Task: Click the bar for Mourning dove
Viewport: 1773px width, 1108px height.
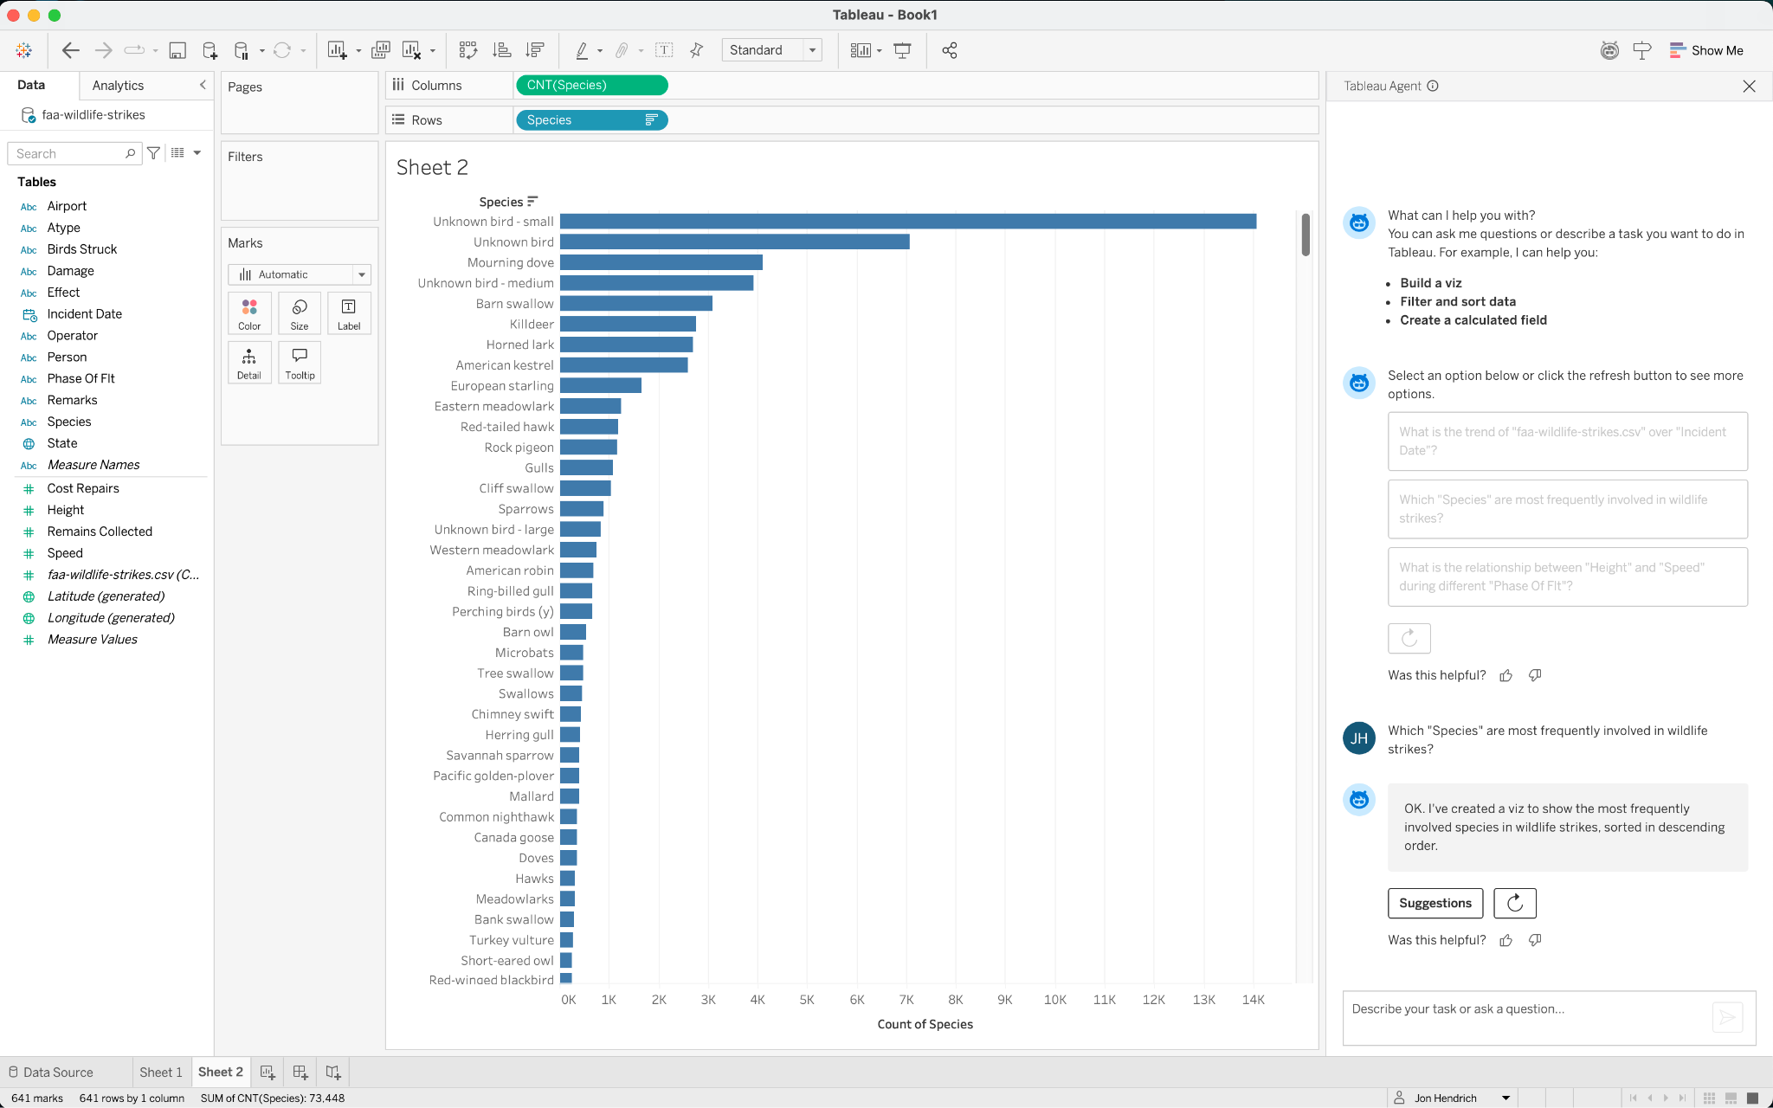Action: pos(661,262)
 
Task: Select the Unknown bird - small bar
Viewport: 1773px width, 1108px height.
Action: pos(907,222)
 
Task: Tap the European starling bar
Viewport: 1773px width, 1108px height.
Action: pos(600,385)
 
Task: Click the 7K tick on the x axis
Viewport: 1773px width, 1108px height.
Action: pos(906,999)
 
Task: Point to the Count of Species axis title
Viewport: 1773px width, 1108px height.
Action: pos(925,1024)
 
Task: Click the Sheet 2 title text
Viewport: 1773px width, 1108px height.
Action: pos(432,167)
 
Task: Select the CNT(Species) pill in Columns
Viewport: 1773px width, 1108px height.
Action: pos(591,85)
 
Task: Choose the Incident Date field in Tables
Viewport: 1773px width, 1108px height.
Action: pos(84,313)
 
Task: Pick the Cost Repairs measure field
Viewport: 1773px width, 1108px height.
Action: pos(83,488)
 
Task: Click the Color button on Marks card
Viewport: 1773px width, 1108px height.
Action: pos(249,313)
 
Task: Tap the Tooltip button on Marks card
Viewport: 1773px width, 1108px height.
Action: pos(300,363)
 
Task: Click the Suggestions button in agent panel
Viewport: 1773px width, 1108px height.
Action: pos(1435,903)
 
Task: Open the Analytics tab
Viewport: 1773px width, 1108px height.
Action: pos(118,86)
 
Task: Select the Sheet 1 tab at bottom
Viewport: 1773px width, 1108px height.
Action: pos(161,1072)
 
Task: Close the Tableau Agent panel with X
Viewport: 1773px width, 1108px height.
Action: pos(1749,86)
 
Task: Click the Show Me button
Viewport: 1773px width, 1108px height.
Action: pos(1706,50)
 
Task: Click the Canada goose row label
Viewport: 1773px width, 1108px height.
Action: pos(513,837)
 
